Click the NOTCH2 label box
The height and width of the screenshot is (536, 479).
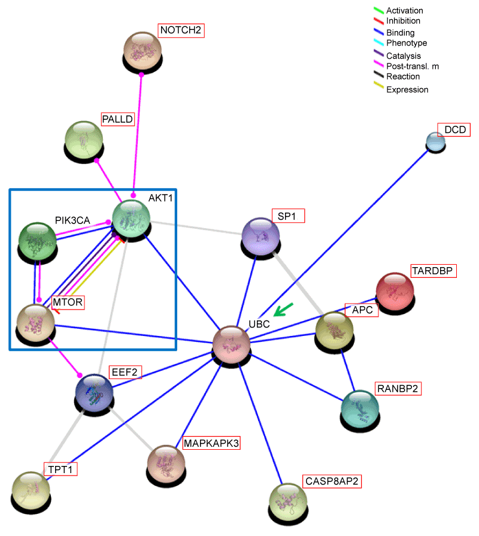(180, 30)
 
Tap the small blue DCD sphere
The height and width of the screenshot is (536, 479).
(435, 141)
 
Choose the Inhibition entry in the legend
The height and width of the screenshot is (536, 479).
(404, 21)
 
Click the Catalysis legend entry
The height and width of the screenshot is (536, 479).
(403, 56)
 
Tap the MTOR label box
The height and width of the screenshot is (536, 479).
(67, 302)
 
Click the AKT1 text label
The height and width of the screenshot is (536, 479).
(160, 198)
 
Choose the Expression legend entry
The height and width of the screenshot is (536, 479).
(407, 89)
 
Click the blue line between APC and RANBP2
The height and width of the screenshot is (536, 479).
(350, 370)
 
